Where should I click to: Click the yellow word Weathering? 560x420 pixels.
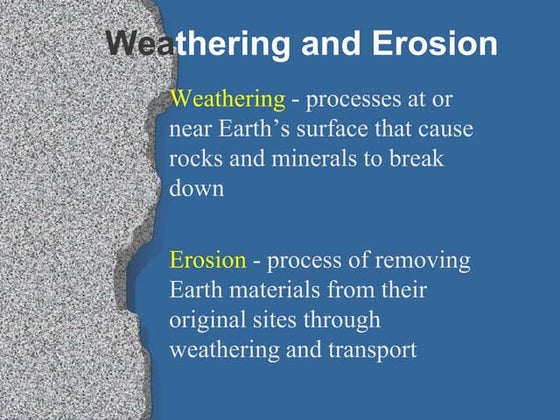[228, 99]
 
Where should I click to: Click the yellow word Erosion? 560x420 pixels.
[208, 260]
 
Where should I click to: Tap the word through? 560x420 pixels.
[352, 322]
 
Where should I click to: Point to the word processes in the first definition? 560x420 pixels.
[353, 99]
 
